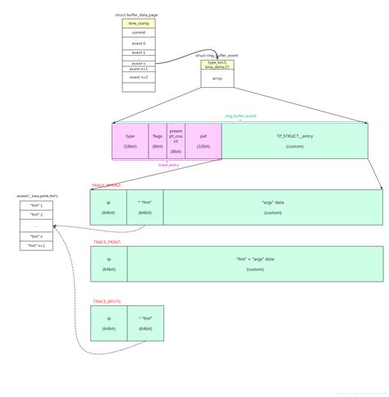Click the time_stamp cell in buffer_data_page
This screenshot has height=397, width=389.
point(138,24)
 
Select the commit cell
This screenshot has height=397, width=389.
point(138,33)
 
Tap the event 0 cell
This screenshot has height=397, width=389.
point(138,43)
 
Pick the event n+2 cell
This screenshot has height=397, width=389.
point(138,76)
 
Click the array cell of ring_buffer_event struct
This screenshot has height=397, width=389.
point(217,78)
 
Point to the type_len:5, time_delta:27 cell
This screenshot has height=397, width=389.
point(217,64)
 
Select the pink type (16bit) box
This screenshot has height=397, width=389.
point(130,140)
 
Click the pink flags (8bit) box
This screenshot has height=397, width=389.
point(157,140)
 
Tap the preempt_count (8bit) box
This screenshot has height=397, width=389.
point(176,140)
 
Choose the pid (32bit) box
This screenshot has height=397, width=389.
point(203,140)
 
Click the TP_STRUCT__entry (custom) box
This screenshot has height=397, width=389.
point(294,140)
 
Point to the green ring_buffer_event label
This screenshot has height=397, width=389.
point(240,116)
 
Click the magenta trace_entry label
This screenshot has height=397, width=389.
point(169,164)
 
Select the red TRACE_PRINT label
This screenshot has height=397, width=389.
point(108,243)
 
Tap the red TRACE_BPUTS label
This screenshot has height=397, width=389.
point(108,301)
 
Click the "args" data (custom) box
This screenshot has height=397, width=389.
point(272,207)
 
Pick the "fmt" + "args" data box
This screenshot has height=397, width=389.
point(254,263)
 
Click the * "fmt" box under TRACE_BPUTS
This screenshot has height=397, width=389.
point(145,323)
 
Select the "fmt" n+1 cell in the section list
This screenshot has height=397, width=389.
point(36,245)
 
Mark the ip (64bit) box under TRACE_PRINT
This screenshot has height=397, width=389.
point(108,263)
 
